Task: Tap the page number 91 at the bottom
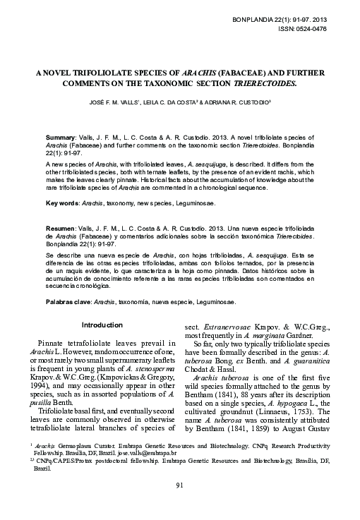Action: tap(179, 504)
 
